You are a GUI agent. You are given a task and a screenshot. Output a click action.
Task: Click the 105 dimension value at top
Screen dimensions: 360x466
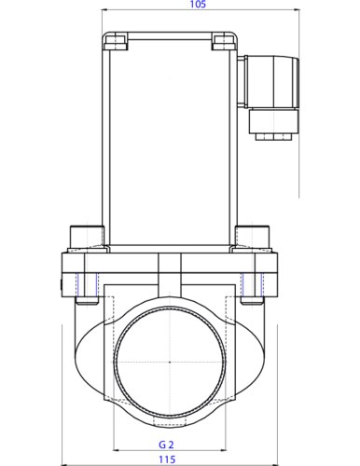click(198, 5)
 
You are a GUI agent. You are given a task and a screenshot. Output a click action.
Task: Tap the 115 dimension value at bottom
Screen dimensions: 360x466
click(167, 459)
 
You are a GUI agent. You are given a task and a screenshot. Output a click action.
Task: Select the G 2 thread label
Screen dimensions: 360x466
click(166, 445)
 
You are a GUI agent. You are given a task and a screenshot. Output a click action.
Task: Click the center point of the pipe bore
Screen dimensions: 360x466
click(170, 363)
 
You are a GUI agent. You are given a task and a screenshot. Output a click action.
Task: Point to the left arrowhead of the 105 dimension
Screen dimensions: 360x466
click(104, 9)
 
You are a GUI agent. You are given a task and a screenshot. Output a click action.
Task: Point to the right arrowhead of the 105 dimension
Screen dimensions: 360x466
click(297, 9)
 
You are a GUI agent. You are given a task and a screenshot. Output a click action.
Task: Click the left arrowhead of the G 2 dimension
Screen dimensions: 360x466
click(116, 450)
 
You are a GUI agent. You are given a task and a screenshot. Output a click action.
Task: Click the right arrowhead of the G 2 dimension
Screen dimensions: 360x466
click(224, 450)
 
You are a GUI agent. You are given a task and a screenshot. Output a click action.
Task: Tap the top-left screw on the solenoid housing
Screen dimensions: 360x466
click(116, 43)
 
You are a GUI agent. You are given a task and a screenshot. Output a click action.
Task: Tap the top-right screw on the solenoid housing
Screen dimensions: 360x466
click(224, 43)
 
